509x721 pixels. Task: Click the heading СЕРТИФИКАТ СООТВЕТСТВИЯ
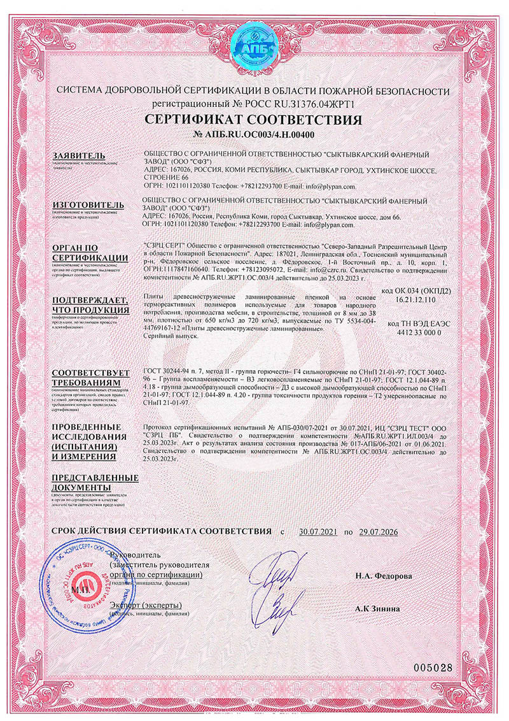pos(254,120)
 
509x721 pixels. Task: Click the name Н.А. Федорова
pos(384,576)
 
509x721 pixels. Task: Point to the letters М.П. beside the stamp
pos(81,590)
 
